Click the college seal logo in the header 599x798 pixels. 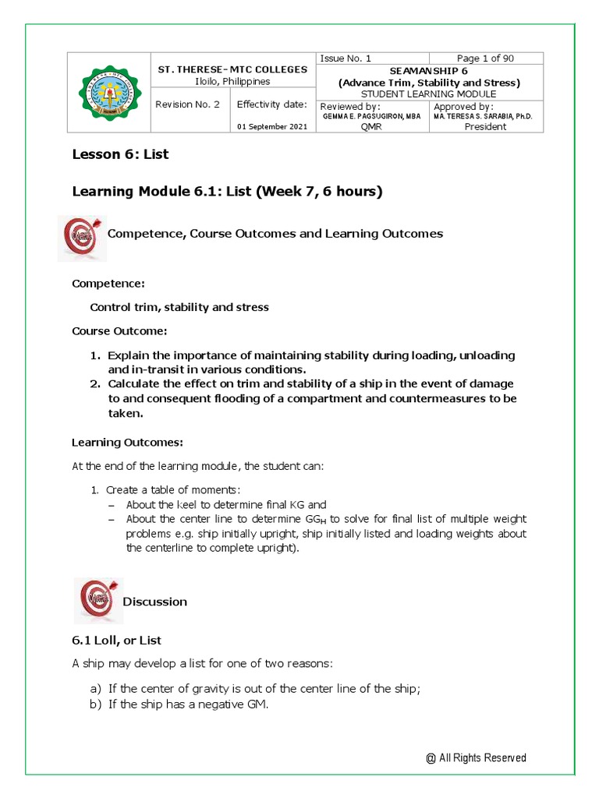click(x=111, y=93)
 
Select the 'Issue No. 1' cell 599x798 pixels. click(x=346, y=58)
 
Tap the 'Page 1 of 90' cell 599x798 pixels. click(x=485, y=58)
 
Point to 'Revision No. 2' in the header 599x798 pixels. click(x=187, y=104)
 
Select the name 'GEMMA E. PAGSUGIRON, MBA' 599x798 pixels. click(x=371, y=116)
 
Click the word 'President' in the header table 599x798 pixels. click(x=485, y=127)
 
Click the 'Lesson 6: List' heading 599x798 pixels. click(x=120, y=154)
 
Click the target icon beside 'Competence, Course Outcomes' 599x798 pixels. click(x=80, y=236)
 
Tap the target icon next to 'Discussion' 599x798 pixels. click(x=97, y=601)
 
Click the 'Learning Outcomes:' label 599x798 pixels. click(x=127, y=442)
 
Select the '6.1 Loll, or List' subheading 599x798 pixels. click(x=116, y=640)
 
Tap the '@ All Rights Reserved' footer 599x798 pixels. click(x=476, y=757)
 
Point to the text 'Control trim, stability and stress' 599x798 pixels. click(x=179, y=307)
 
